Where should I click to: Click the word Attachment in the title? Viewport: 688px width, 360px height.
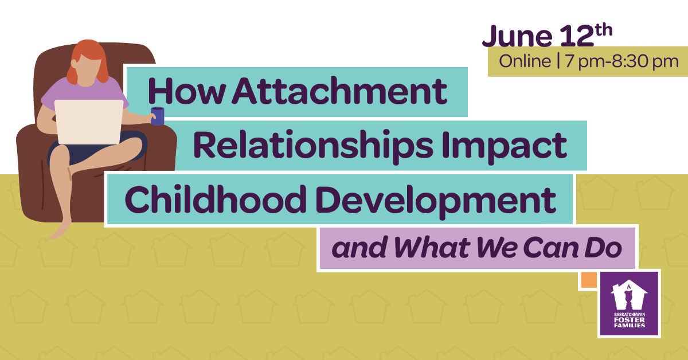[x=339, y=91]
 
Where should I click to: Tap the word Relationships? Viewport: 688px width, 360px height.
[x=314, y=146]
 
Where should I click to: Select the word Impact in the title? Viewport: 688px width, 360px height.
[x=505, y=147]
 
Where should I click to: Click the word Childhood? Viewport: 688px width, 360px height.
[x=216, y=199]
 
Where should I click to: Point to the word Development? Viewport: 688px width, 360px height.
[x=436, y=202]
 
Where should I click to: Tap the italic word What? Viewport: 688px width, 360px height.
[x=432, y=248]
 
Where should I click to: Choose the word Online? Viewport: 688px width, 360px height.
[x=525, y=61]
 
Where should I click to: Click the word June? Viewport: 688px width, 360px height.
[x=517, y=36]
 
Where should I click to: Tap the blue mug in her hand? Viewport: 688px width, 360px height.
[x=157, y=116]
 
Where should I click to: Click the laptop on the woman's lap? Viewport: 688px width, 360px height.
[x=89, y=122]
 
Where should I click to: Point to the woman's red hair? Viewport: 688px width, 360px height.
[x=88, y=60]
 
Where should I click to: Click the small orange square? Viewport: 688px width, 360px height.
[x=589, y=280]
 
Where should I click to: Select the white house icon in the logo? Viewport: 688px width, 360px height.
[x=629, y=295]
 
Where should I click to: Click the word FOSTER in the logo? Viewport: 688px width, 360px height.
[x=629, y=320]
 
